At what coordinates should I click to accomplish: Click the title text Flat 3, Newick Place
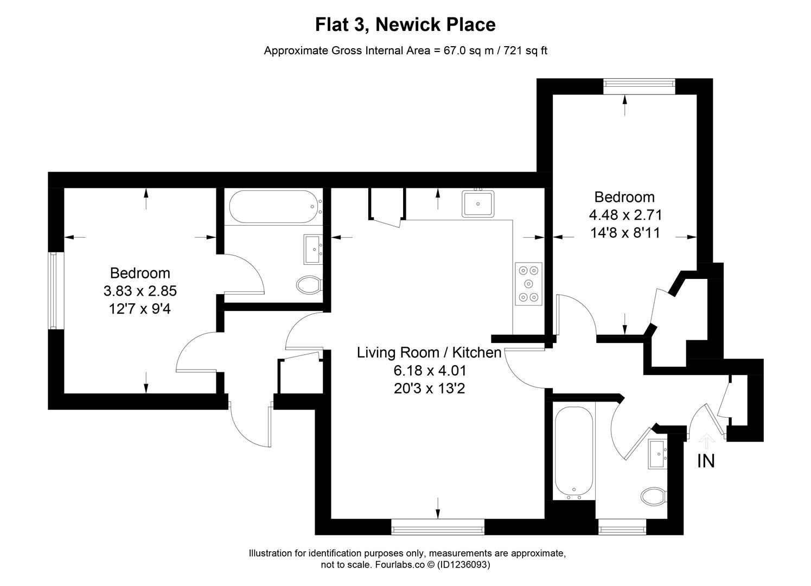click(x=405, y=25)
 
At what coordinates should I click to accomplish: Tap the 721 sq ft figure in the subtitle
click(x=526, y=51)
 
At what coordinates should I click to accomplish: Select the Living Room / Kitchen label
click(x=429, y=353)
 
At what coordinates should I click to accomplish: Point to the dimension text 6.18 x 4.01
click(x=430, y=371)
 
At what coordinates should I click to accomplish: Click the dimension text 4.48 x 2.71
click(x=625, y=215)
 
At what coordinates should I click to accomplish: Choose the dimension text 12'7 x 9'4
click(x=140, y=309)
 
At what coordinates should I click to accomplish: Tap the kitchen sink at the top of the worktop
click(x=478, y=203)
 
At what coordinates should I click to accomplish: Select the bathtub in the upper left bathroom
click(x=274, y=206)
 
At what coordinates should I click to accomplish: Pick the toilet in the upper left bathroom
click(x=310, y=284)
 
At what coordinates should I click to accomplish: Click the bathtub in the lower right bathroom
click(x=573, y=453)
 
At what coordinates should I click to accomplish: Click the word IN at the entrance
click(x=706, y=461)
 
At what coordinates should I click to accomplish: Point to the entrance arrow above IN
click(x=706, y=439)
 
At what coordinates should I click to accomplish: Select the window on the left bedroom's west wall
click(x=53, y=290)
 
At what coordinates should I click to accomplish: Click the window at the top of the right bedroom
click(x=639, y=84)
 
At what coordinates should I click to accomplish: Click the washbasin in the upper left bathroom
click(x=313, y=249)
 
